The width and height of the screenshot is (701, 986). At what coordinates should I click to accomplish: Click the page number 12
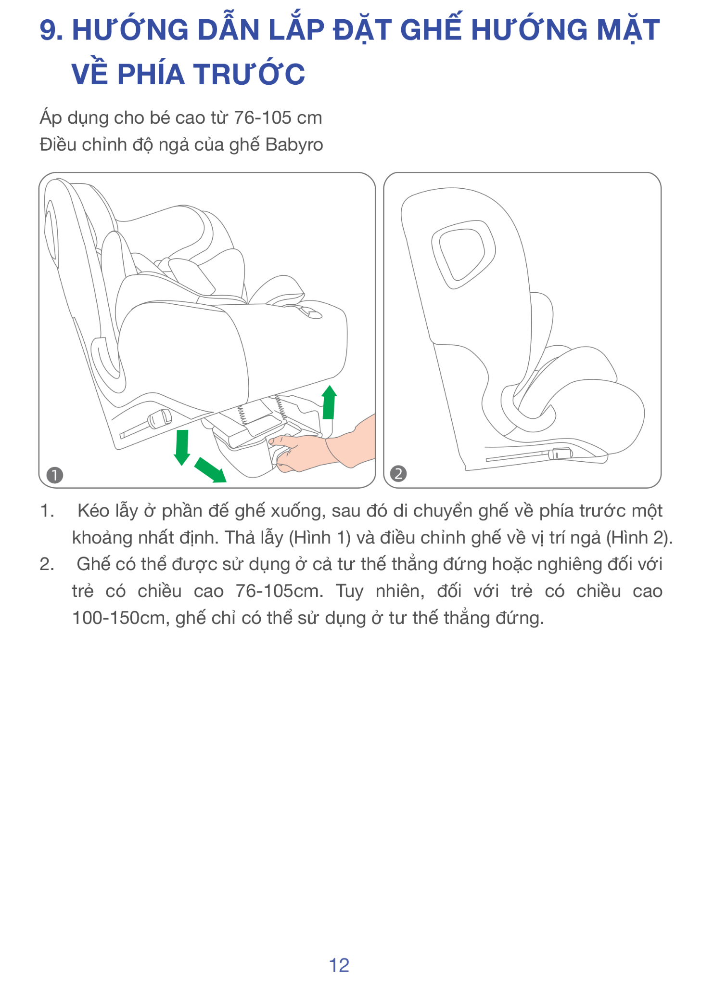(x=339, y=965)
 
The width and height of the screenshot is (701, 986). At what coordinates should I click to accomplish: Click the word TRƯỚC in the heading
(x=250, y=75)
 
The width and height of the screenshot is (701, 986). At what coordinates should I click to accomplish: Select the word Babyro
(x=294, y=144)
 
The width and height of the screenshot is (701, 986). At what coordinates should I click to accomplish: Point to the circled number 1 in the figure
(x=55, y=475)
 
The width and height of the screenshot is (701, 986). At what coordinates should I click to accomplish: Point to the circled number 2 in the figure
(x=398, y=474)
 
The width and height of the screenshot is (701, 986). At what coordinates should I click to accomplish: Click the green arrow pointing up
(x=329, y=402)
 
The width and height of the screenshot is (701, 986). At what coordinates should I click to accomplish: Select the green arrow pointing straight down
(x=182, y=447)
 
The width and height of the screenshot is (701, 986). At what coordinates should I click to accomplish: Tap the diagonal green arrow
(x=210, y=469)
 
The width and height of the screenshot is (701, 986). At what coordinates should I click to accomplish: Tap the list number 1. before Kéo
(x=47, y=511)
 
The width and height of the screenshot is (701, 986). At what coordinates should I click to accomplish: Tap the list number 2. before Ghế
(x=47, y=564)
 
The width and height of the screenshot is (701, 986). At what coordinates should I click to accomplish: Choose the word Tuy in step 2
(x=349, y=591)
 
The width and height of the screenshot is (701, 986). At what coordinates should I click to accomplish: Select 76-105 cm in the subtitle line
(x=278, y=118)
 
